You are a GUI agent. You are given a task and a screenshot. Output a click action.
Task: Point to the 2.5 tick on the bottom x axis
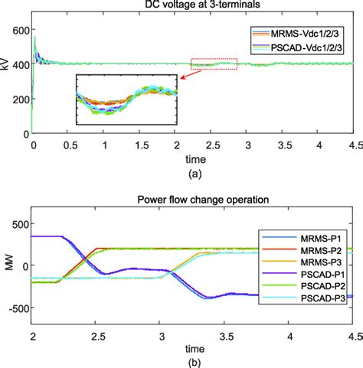96,337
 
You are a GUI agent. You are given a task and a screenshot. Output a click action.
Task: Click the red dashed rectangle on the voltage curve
214,64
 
